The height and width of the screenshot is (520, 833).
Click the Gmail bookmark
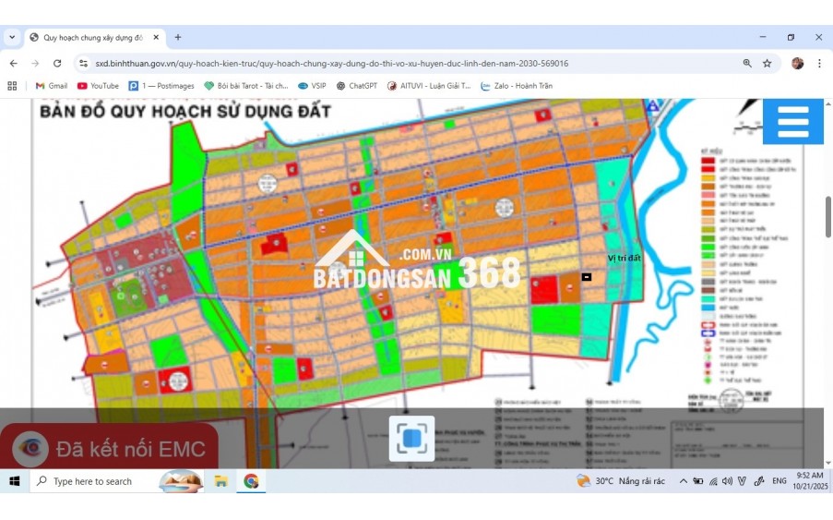point(52,86)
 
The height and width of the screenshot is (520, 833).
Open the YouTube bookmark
point(98,86)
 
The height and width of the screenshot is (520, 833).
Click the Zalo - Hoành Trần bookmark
point(517,86)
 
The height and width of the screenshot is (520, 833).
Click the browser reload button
point(57,64)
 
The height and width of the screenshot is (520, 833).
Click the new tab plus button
point(178,38)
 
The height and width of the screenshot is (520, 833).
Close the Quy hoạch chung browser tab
point(156,38)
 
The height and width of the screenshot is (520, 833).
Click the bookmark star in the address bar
point(767,64)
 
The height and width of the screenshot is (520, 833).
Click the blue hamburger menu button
point(792,121)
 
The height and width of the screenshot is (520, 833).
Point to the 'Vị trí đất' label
point(624,259)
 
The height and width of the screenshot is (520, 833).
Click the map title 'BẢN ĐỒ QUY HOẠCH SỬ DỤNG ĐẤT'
point(184,113)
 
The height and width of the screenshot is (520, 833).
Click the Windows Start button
point(15,481)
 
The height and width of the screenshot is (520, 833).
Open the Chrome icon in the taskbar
point(251,481)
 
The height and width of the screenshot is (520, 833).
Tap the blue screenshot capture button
point(411,438)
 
